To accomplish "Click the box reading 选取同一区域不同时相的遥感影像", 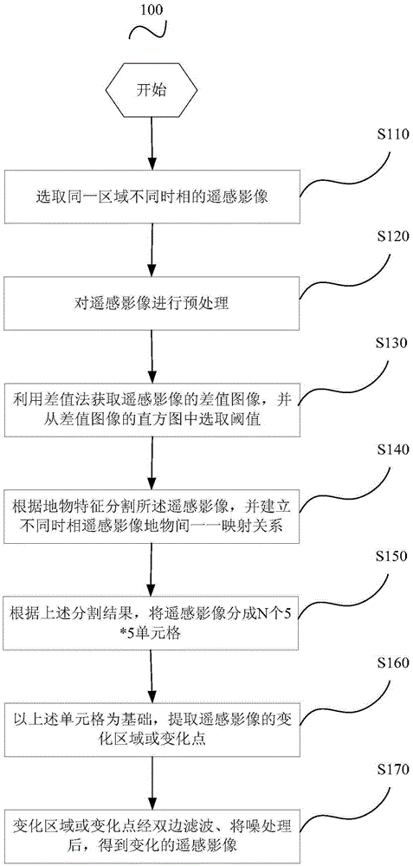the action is pyautogui.click(x=152, y=197).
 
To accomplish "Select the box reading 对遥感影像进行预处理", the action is pyautogui.click(x=152, y=302).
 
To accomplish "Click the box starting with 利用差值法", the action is pyautogui.click(x=152, y=410).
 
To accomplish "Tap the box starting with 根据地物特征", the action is pyautogui.click(x=152, y=515).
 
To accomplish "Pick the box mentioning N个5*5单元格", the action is pyautogui.click(x=152, y=621).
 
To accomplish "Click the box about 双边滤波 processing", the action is pyautogui.click(x=152, y=834).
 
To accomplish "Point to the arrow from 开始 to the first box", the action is pyautogui.click(x=152, y=143).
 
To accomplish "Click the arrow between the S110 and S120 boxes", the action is pyautogui.click(x=152, y=250).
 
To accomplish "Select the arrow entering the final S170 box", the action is pyautogui.click(x=152, y=781).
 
